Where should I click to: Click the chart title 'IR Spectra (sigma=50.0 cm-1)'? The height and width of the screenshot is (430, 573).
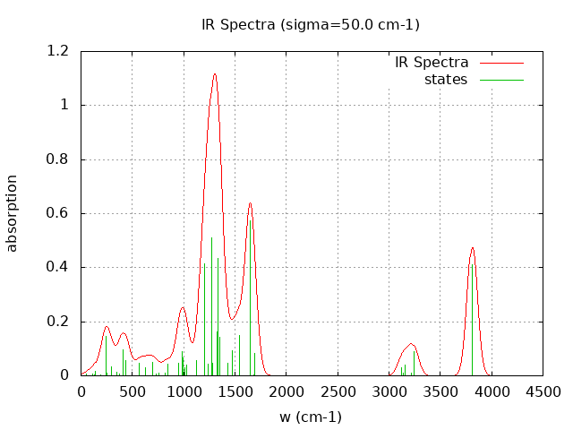pos(311,24)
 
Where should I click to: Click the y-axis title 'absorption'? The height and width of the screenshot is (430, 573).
pos(13,212)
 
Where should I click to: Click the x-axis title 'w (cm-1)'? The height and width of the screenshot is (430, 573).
pos(311,417)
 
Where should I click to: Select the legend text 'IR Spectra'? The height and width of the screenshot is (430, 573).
pos(432,63)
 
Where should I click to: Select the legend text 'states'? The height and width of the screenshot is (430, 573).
pos(446,80)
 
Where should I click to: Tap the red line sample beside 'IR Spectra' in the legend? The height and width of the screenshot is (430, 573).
pos(500,63)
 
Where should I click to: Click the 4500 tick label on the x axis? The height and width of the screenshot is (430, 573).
pos(543,391)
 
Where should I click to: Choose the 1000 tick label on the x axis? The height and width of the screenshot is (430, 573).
pos(184,391)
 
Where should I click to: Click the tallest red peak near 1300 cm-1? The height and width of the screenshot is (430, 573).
pos(215,74)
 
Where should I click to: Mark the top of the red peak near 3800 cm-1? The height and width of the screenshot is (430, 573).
pos(472,247)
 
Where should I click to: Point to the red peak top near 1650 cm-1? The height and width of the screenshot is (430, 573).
pos(251,203)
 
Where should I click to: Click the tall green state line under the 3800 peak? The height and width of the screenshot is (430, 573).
pos(472,314)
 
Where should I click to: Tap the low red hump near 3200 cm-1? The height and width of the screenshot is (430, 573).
pos(411,344)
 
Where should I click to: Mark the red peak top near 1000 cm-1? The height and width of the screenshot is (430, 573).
pos(183,308)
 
